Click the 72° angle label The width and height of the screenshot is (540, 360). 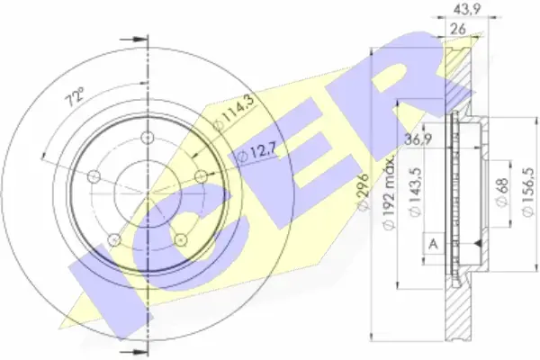click(x=76, y=96)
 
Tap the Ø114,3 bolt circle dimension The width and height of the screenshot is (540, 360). click(x=233, y=112)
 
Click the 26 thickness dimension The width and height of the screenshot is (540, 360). click(x=458, y=30)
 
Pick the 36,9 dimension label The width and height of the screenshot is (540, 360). click(x=418, y=140)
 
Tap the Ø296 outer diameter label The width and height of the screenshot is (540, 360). click(x=364, y=192)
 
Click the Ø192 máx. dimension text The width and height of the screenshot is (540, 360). click(x=389, y=193)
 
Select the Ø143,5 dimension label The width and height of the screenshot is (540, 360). click(x=414, y=193)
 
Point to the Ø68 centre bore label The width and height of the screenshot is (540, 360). click(x=503, y=193)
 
